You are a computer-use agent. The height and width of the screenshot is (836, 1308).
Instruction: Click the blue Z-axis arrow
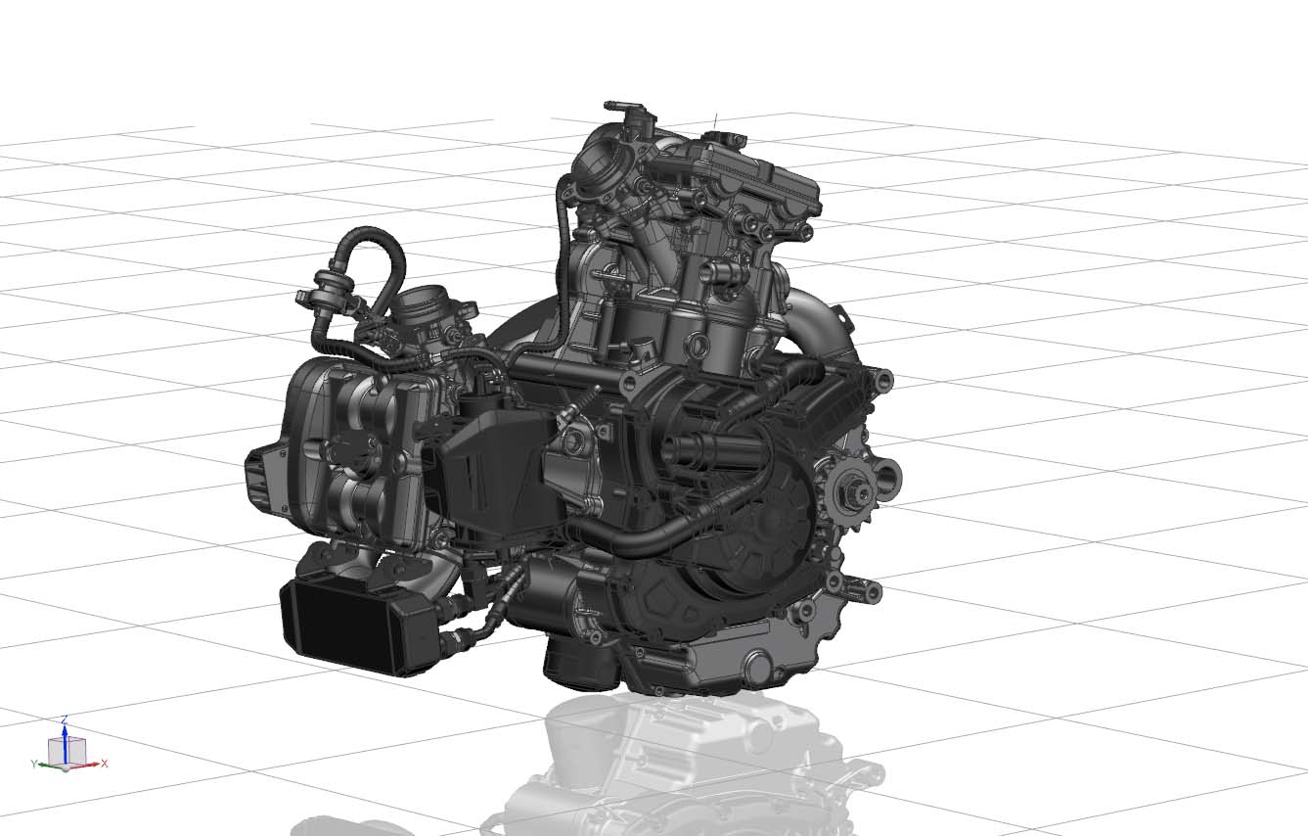pyautogui.click(x=66, y=742)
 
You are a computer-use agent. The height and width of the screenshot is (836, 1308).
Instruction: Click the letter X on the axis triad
pyautogui.click(x=105, y=763)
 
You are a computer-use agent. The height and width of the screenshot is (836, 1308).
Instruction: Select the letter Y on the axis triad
pyautogui.click(x=33, y=764)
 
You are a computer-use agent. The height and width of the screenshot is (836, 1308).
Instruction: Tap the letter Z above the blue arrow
pyautogui.click(x=66, y=720)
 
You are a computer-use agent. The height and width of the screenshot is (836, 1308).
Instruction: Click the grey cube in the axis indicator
pyautogui.click(x=68, y=752)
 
